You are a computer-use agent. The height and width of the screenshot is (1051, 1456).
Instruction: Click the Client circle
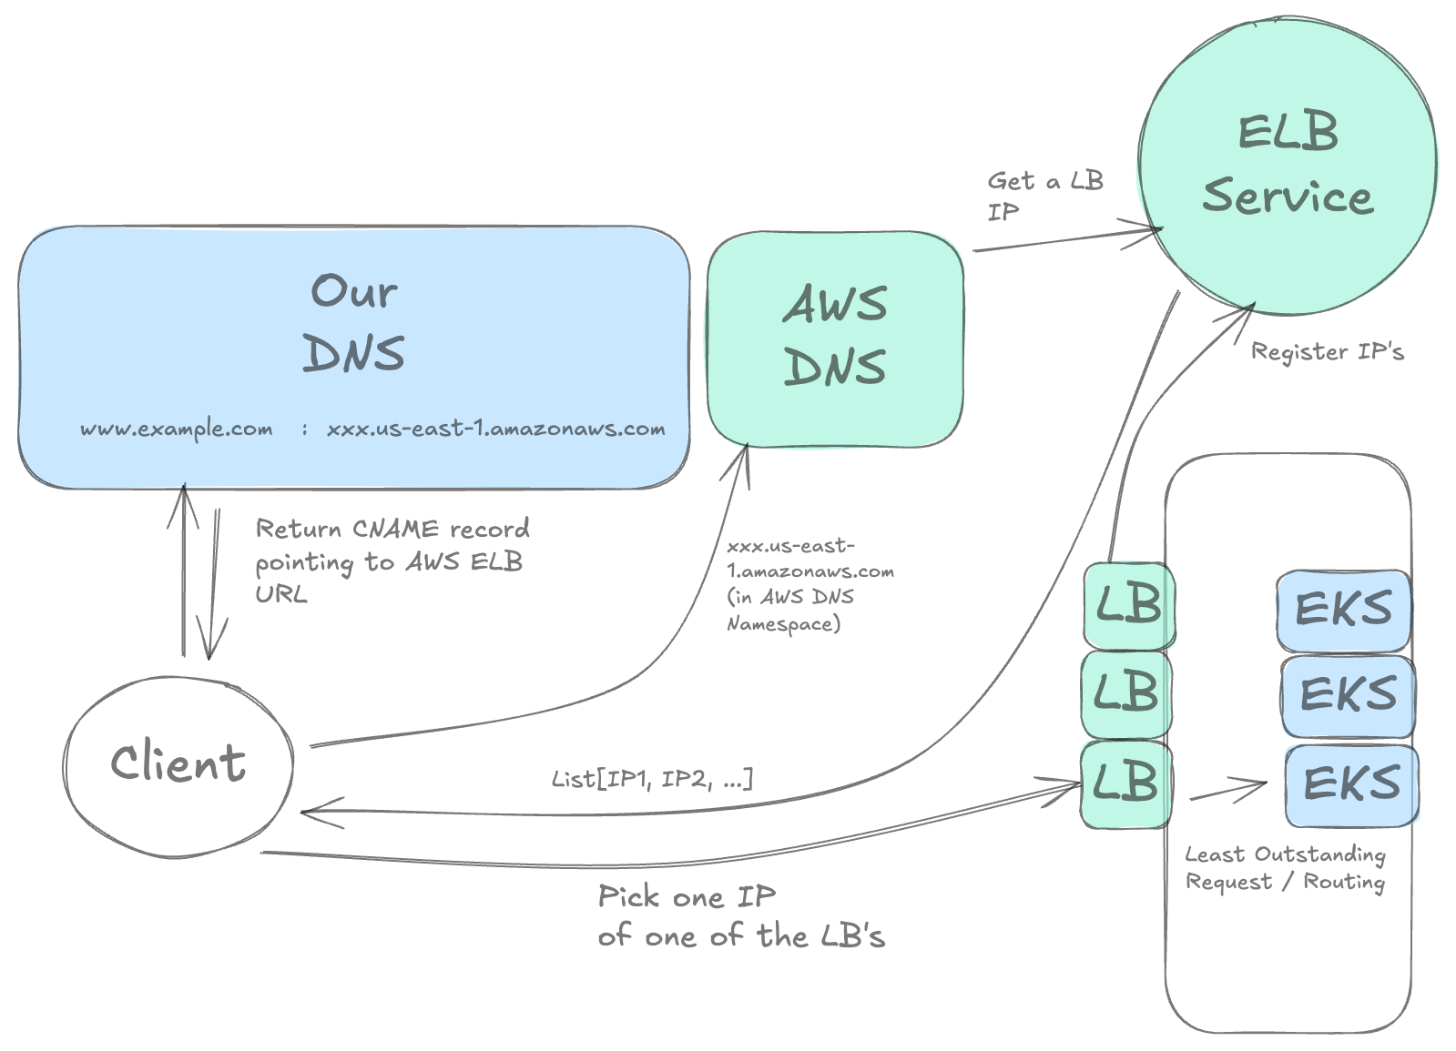point(178,766)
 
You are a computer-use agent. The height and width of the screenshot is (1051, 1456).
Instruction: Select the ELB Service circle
point(1287,167)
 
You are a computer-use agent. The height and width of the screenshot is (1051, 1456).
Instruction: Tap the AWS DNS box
point(835,339)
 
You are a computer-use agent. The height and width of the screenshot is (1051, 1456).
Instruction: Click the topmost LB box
point(1127,605)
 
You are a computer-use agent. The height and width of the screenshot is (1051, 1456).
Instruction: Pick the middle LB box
point(1125,693)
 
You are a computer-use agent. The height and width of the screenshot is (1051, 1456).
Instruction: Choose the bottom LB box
point(1125,783)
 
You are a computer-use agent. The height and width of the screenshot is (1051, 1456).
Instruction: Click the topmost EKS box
point(1343,610)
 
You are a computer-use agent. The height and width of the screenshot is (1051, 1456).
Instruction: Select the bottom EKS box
point(1351,784)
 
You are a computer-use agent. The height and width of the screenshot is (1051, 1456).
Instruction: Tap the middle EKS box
point(1348,696)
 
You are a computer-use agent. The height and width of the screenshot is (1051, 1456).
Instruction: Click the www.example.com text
point(177,429)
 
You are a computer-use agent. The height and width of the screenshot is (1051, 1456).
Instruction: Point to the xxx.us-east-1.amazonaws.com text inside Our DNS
point(496,429)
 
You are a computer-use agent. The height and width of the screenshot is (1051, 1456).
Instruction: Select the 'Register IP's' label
point(1327,352)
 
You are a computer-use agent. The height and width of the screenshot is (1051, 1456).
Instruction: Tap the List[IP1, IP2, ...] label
point(652,780)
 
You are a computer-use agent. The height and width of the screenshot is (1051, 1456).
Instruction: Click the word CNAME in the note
point(395,529)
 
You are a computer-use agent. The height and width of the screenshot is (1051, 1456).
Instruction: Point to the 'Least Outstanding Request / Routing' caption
point(1285,868)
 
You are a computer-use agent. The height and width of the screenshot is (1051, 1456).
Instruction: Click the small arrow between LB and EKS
point(1228,790)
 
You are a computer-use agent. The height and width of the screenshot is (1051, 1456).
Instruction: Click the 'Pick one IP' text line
point(687,897)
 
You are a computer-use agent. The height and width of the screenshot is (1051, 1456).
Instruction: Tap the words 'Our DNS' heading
point(354,323)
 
